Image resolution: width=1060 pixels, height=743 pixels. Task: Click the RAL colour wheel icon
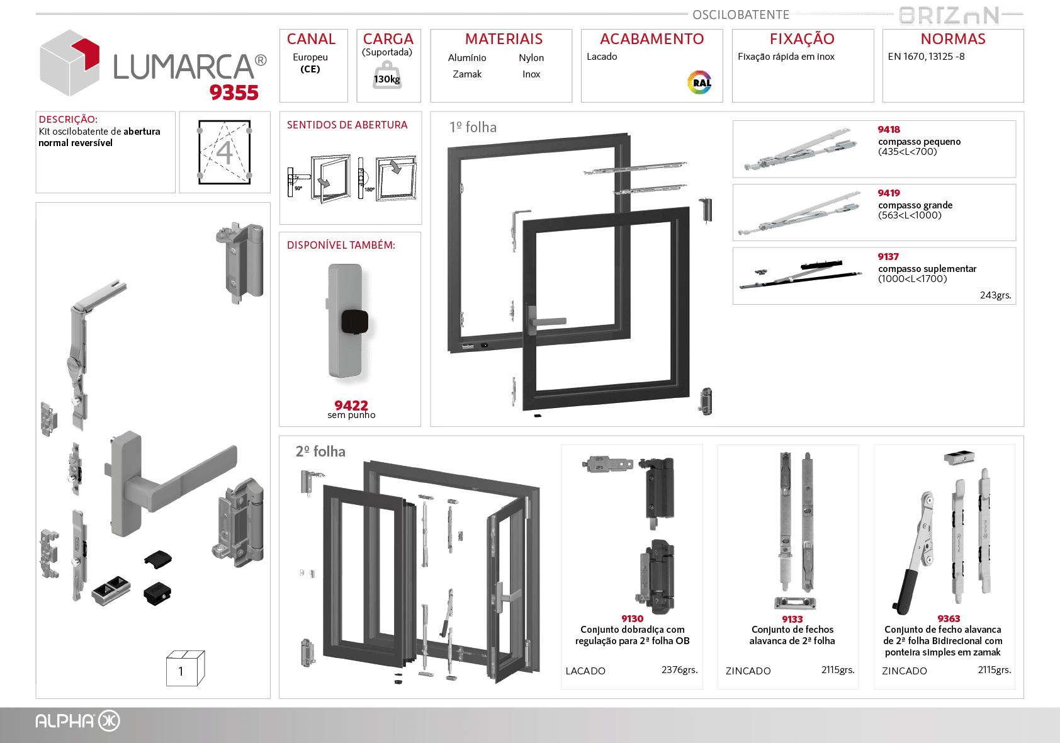700,82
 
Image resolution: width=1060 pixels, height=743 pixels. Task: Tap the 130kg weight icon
386,76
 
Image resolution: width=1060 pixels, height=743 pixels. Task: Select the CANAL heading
311,39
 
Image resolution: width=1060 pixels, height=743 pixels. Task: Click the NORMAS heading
953,39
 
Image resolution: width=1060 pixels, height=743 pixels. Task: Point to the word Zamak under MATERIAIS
467,74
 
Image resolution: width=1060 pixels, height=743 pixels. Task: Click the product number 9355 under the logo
234,93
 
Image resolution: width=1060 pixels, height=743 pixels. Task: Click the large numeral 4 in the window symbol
224,152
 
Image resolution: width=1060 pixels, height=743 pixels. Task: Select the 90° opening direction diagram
319,178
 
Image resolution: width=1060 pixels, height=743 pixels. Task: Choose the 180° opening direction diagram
388,178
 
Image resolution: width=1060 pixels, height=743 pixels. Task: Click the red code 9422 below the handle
351,405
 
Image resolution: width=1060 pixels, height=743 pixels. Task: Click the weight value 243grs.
995,295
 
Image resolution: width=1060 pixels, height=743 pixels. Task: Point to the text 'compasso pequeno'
919,142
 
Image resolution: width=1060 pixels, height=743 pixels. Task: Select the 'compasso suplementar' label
927,269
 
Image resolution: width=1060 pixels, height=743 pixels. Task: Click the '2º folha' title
320,451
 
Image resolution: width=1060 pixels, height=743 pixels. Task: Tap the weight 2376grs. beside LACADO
679,670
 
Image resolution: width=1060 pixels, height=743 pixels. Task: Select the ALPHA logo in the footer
77,721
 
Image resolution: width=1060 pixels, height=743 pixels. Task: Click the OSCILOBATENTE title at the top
741,14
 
